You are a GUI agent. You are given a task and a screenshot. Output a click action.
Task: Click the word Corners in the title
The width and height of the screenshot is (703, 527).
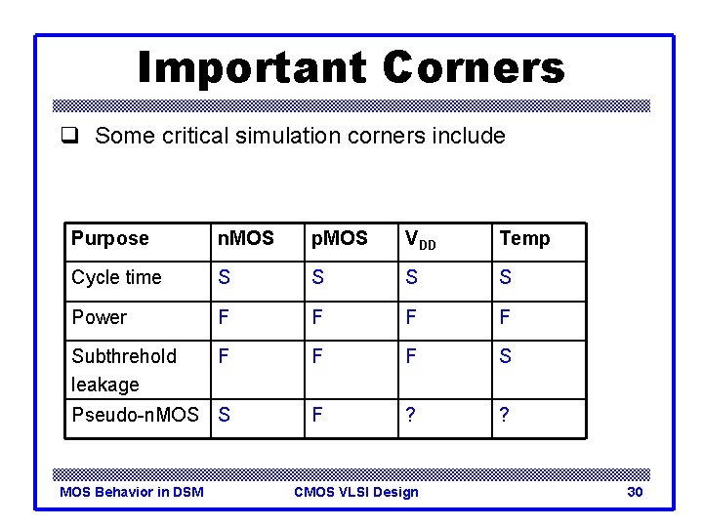(x=474, y=67)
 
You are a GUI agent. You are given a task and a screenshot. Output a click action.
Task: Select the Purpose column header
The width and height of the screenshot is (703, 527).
(x=109, y=239)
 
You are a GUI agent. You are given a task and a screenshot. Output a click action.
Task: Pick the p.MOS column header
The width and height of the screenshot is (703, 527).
(x=339, y=239)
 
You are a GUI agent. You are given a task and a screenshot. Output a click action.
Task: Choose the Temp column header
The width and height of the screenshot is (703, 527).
(x=524, y=239)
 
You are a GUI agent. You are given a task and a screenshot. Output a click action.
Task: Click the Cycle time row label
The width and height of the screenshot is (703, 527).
(x=116, y=278)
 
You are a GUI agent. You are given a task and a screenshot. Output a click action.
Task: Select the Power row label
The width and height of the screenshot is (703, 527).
(x=99, y=318)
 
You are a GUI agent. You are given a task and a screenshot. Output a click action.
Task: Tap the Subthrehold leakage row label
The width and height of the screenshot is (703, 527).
(x=123, y=370)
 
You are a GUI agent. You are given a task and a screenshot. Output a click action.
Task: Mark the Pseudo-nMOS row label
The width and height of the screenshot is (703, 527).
(x=135, y=414)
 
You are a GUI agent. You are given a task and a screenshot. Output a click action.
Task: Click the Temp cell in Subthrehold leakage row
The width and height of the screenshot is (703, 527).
(x=505, y=357)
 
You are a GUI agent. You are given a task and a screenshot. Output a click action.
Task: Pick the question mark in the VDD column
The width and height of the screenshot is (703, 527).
(x=410, y=414)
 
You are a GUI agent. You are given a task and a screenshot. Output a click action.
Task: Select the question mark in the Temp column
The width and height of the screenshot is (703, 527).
(x=505, y=414)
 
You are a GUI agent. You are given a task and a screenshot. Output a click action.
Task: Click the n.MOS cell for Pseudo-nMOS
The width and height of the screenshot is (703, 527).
(x=225, y=414)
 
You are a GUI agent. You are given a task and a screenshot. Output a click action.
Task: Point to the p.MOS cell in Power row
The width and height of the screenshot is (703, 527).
(x=316, y=318)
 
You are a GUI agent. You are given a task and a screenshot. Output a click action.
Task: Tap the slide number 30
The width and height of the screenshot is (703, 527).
(x=635, y=492)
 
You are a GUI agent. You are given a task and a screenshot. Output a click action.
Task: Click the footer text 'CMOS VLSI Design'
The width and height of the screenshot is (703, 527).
(x=355, y=492)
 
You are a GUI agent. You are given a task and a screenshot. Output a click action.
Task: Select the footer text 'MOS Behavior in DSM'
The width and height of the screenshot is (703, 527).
(x=132, y=492)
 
